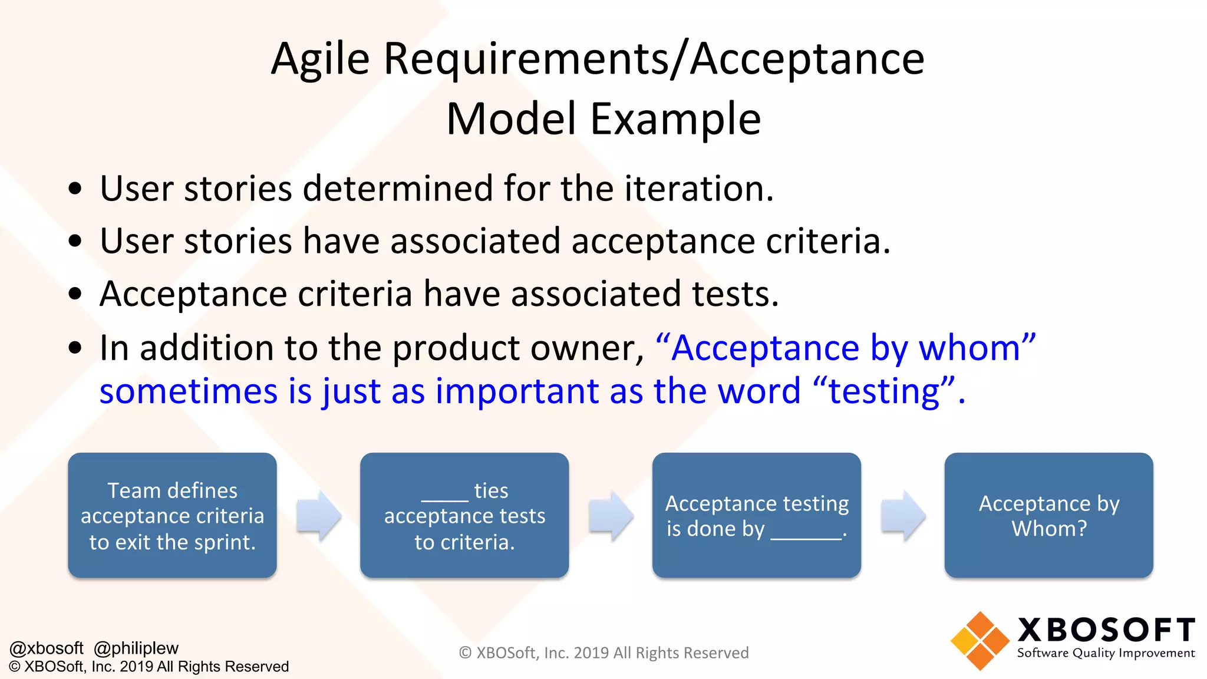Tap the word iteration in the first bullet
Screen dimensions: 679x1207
point(698,189)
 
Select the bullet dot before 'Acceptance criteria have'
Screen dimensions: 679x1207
point(75,294)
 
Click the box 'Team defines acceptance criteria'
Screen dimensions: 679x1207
point(172,515)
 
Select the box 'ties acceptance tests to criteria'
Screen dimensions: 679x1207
point(464,515)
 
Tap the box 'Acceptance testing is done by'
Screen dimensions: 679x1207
point(756,515)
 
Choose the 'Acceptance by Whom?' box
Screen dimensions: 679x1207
point(1048,515)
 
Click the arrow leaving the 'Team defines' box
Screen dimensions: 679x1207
point(318,515)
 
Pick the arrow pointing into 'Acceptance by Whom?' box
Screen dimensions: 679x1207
point(903,515)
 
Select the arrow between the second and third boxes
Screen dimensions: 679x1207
point(611,515)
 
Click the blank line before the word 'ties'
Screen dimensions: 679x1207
point(445,499)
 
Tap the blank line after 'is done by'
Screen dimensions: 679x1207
point(806,536)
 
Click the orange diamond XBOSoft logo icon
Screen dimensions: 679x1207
point(980,641)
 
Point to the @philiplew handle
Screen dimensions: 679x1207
point(136,648)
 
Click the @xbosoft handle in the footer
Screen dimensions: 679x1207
point(47,648)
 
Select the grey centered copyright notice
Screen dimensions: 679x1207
point(603,652)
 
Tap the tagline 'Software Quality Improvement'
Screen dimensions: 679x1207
point(1106,653)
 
